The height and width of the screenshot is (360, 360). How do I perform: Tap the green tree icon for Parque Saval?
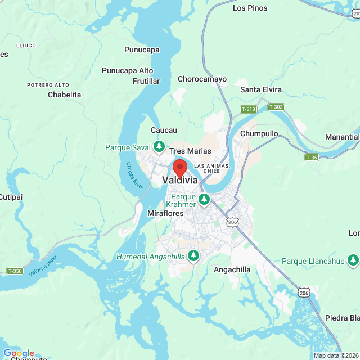pyautogui.click(x=159, y=147)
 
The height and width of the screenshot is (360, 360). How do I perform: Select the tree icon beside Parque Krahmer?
pyautogui.click(x=204, y=199)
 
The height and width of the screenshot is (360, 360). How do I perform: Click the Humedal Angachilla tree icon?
pyautogui.click(x=193, y=256)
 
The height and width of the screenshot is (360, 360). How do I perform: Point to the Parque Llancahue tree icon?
pyautogui.click(x=353, y=260)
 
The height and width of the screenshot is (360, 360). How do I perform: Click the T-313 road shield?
pyautogui.click(x=248, y=109)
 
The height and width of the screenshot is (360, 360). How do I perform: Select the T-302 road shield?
pyautogui.click(x=276, y=106)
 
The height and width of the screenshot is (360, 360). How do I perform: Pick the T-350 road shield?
pyautogui.click(x=15, y=271)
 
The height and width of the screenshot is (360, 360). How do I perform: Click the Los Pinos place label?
pyautogui.click(x=250, y=8)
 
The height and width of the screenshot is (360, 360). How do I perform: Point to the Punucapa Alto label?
pyautogui.click(x=127, y=70)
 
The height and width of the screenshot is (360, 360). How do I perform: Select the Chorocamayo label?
pyautogui.click(x=202, y=79)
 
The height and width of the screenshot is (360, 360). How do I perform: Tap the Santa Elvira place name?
pyautogui.click(x=261, y=89)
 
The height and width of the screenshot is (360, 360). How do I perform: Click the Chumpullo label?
pyautogui.click(x=259, y=134)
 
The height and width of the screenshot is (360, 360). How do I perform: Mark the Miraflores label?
pyautogui.click(x=165, y=214)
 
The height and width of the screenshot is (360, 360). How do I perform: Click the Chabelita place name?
pyautogui.click(x=65, y=94)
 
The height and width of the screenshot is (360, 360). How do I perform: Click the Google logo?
pyautogui.click(x=19, y=352)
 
